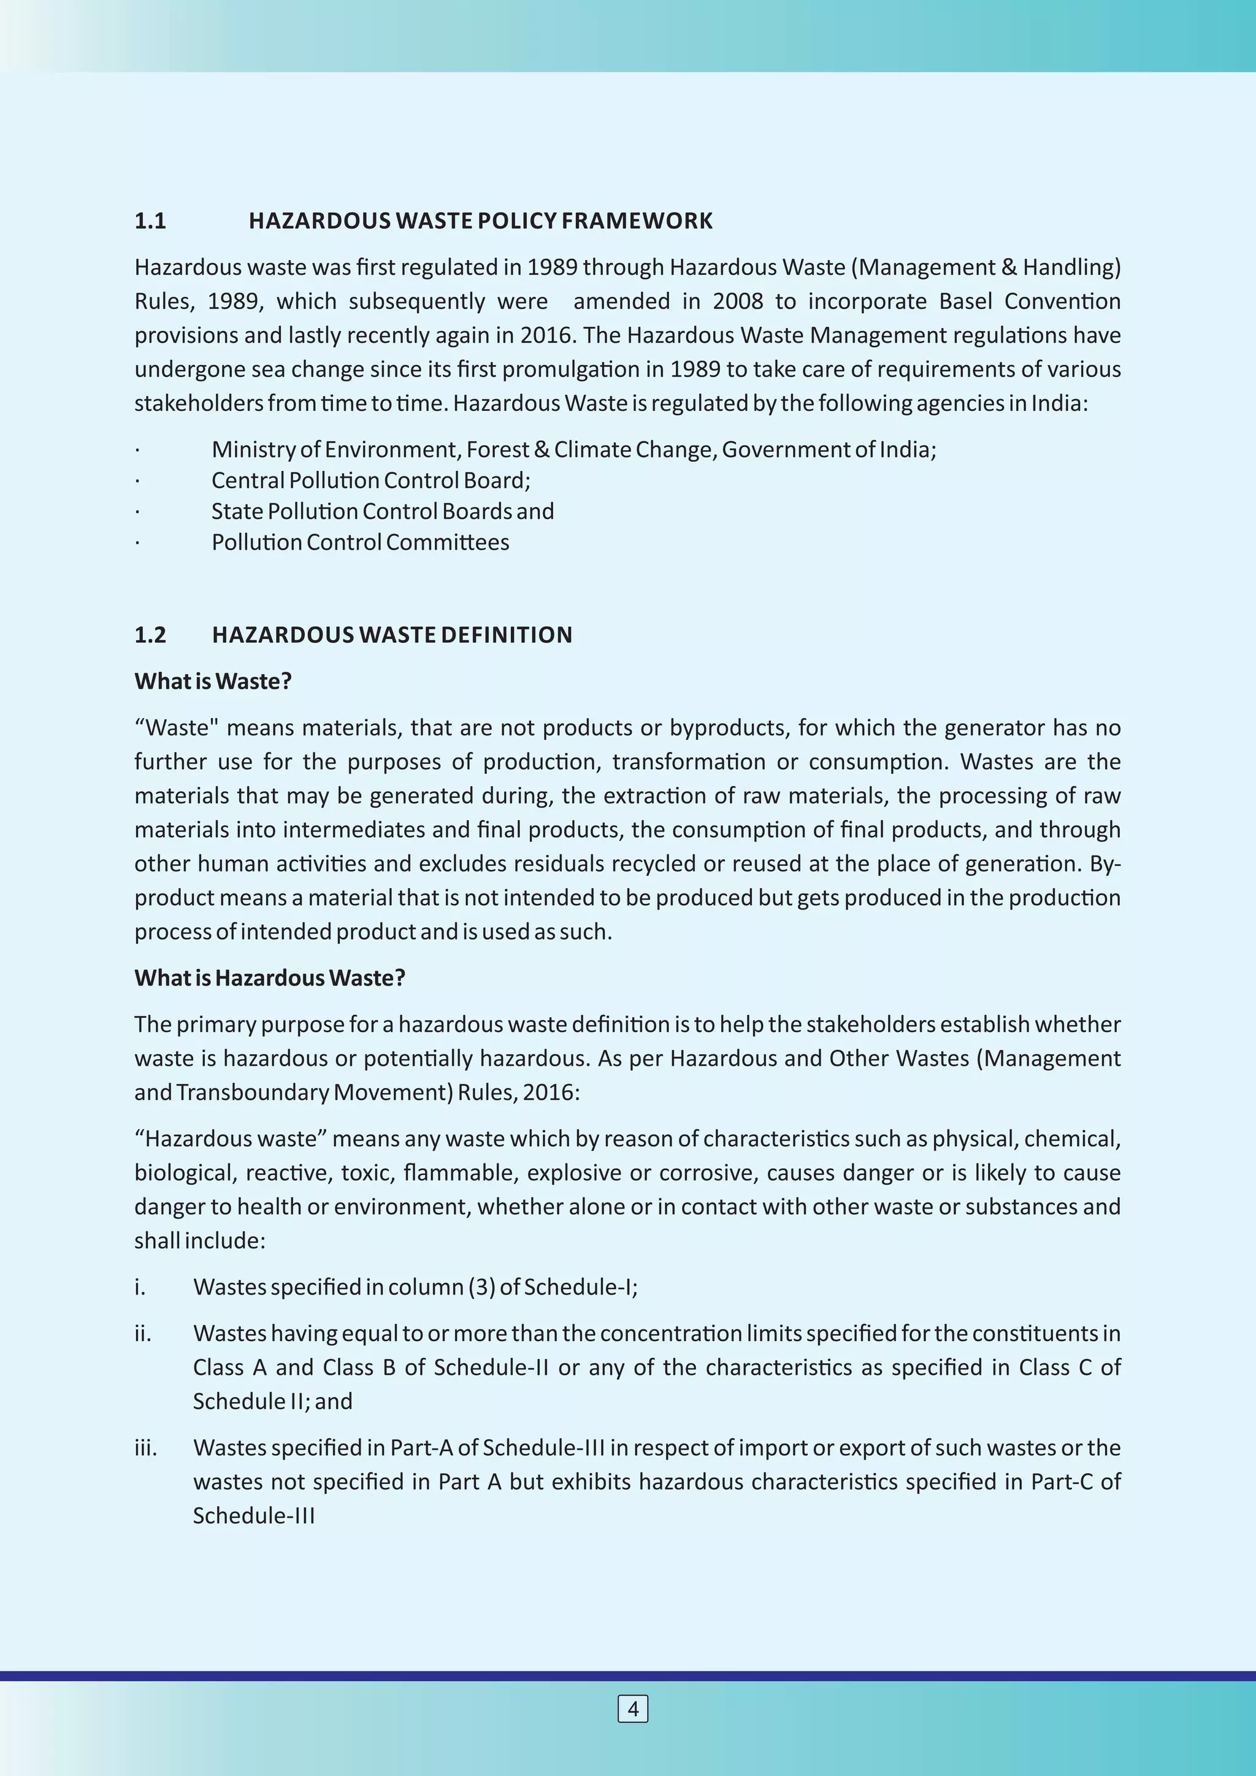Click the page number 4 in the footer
coord(633,1709)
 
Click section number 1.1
coord(150,221)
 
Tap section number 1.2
coord(150,635)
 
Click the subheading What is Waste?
coord(213,681)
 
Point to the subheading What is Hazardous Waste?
coord(270,978)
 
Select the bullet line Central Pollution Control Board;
coord(370,480)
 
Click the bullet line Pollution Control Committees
coord(359,542)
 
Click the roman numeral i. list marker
coord(140,1287)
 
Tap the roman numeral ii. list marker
coord(142,1334)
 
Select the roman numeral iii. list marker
coord(145,1448)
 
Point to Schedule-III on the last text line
coord(254,1515)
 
